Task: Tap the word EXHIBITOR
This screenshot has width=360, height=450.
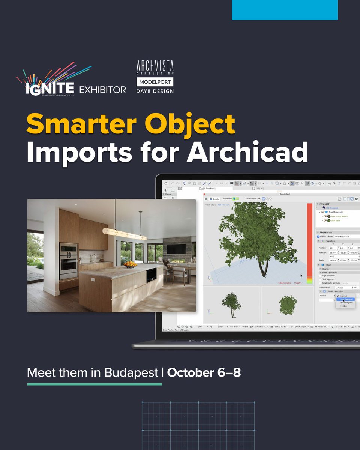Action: click(102, 90)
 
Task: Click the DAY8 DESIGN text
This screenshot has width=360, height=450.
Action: click(155, 91)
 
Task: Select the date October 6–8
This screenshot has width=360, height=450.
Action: click(204, 373)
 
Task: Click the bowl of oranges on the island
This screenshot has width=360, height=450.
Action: click(130, 264)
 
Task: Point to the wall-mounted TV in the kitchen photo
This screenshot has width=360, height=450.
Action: click(176, 249)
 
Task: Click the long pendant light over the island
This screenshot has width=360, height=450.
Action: click(124, 234)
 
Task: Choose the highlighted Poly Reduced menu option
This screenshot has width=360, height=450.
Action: click(345, 299)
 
